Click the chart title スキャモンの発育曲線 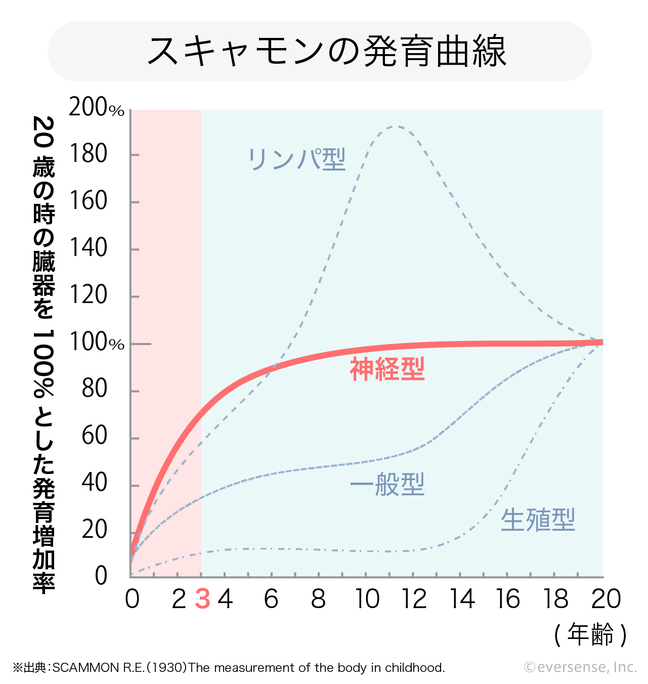[x=326, y=52]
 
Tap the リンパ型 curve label [x=296, y=159]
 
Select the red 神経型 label [x=387, y=369]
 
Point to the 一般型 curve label [x=387, y=485]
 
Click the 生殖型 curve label [x=538, y=520]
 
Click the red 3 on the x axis [x=202, y=600]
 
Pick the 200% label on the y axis [x=96, y=108]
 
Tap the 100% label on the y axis [x=96, y=343]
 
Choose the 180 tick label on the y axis [x=88, y=154]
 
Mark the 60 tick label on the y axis [x=94, y=436]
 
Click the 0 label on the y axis [x=101, y=576]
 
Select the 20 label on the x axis [x=606, y=600]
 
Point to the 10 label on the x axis [x=367, y=600]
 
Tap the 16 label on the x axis [x=507, y=600]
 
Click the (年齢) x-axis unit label [x=590, y=634]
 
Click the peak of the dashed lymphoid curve [x=395, y=126]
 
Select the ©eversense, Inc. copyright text [x=580, y=667]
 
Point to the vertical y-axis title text [x=44, y=354]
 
